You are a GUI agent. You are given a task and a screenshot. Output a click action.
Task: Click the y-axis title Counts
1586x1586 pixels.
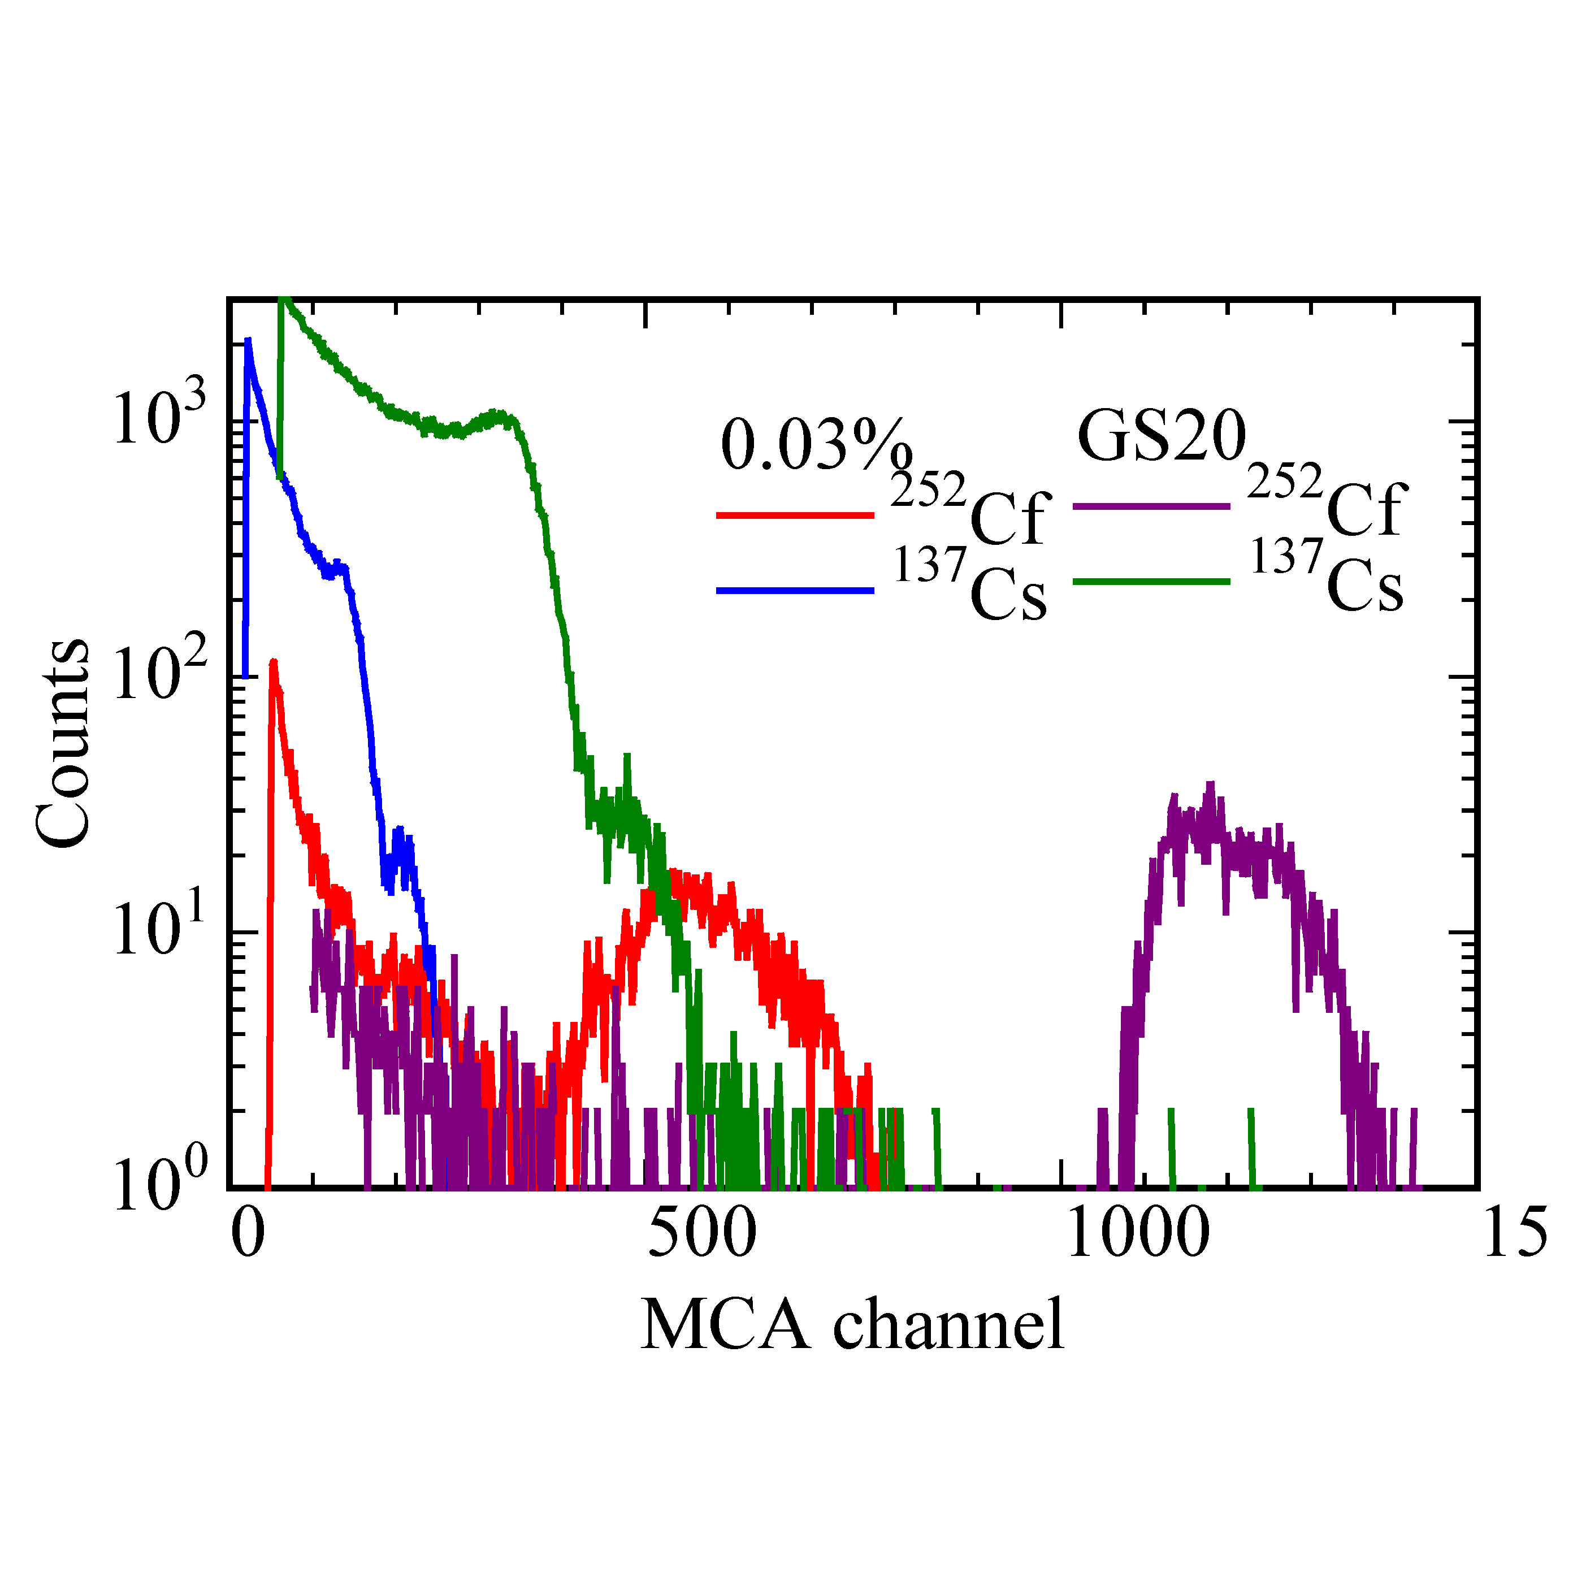click(62, 743)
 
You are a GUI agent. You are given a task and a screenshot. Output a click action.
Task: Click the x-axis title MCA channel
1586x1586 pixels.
click(852, 1324)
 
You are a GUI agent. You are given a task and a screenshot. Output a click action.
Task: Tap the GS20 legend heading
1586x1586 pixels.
click(1162, 437)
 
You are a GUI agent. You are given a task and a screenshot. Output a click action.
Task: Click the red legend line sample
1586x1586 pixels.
click(795, 515)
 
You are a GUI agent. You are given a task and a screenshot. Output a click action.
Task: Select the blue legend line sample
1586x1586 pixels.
click(795, 590)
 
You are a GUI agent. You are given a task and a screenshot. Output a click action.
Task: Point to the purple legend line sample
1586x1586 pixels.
click(1151, 506)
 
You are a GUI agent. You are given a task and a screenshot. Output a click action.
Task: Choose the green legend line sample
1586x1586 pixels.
click(1151, 581)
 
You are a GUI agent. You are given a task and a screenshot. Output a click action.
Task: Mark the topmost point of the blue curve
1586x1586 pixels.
click(247, 340)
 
